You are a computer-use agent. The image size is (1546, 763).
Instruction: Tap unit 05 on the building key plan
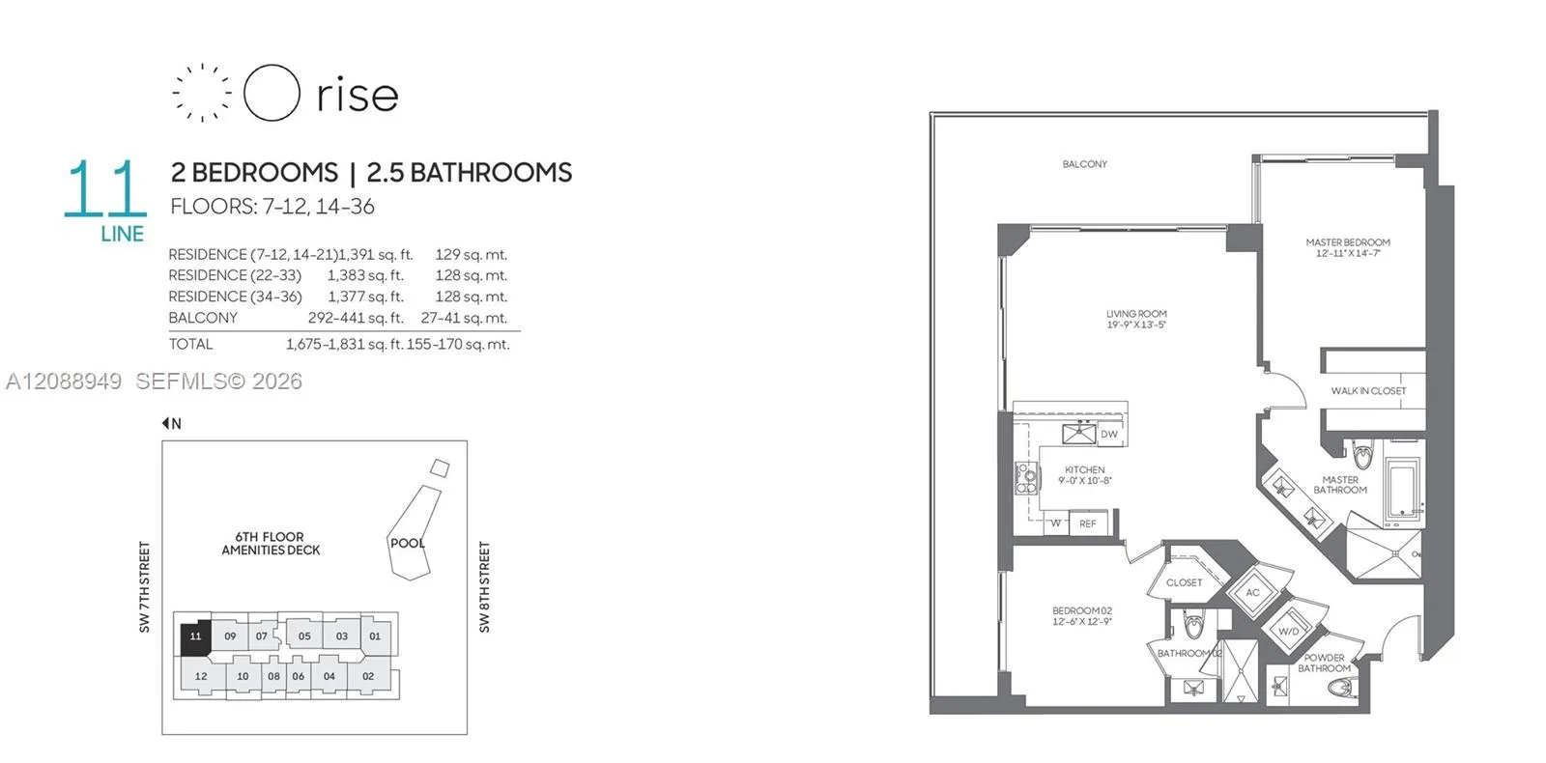[304, 636]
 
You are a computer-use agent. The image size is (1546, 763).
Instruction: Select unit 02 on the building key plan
[368, 676]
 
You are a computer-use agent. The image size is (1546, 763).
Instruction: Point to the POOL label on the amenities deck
[408, 543]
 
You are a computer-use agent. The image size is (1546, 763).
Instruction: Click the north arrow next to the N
[165, 423]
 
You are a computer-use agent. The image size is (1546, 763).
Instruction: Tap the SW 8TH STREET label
[484, 587]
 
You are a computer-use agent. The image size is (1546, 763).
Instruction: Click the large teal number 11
[105, 188]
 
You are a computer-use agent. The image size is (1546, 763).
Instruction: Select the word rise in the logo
[358, 95]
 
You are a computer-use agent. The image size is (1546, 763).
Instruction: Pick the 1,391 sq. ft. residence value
[376, 255]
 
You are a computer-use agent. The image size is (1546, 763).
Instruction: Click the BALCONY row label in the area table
[203, 318]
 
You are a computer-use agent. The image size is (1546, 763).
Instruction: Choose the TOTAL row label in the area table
[190, 344]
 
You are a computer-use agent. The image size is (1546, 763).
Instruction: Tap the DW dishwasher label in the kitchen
[1109, 434]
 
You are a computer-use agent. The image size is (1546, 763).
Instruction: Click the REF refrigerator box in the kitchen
[1088, 523]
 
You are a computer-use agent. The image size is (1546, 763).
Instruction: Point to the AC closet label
[1252, 593]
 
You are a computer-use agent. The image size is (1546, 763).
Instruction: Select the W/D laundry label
[1289, 632]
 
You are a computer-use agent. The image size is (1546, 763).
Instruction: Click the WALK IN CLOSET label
[1368, 390]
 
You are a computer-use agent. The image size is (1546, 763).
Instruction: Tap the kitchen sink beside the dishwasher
[1078, 434]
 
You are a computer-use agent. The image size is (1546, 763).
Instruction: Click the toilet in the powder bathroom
[1340, 688]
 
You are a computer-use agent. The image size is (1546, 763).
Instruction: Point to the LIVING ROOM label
[1136, 314]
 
